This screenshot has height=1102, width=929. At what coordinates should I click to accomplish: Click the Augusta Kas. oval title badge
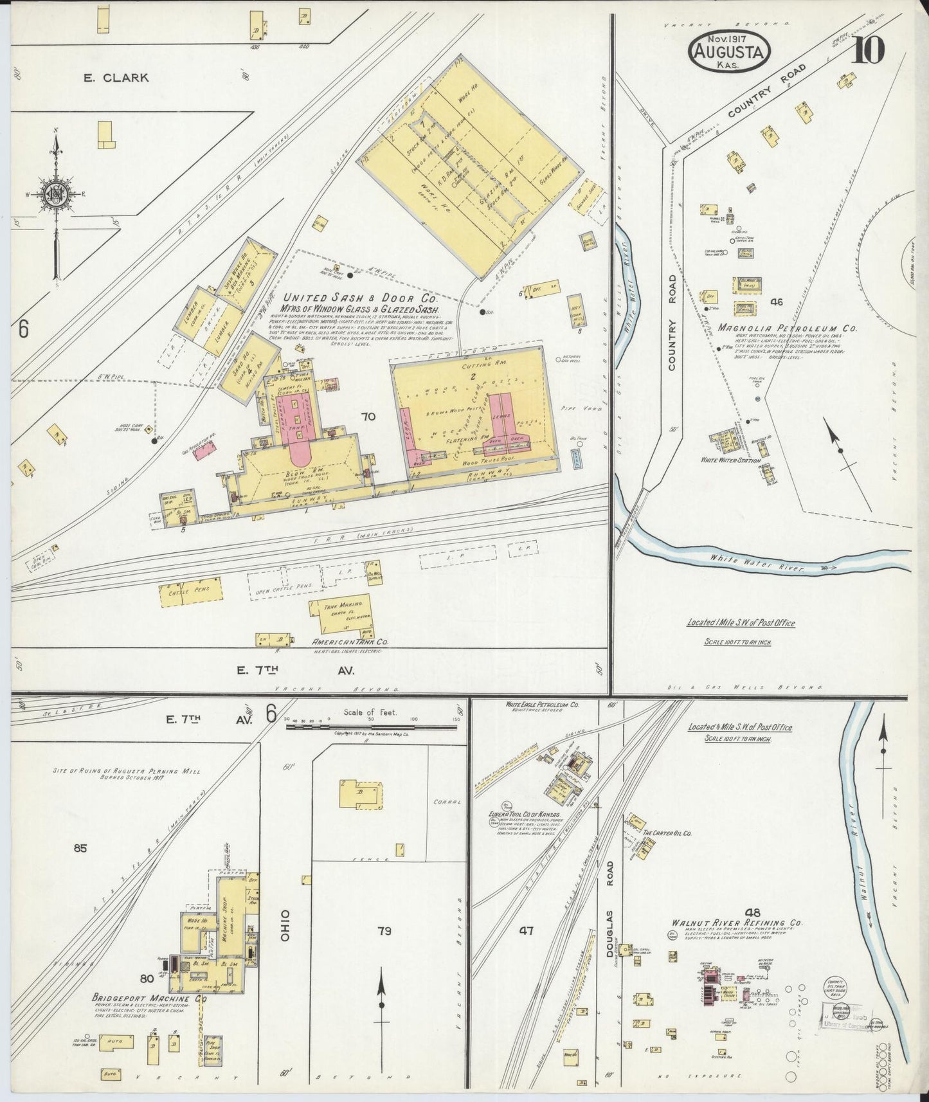(x=728, y=53)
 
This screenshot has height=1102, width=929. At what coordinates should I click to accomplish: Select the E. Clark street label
(x=116, y=78)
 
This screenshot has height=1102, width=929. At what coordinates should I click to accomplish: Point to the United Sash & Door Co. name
(x=360, y=298)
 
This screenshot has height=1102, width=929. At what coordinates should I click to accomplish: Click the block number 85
(x=80, y=848)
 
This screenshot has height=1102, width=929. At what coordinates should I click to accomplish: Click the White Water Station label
(x=731, y=460)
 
